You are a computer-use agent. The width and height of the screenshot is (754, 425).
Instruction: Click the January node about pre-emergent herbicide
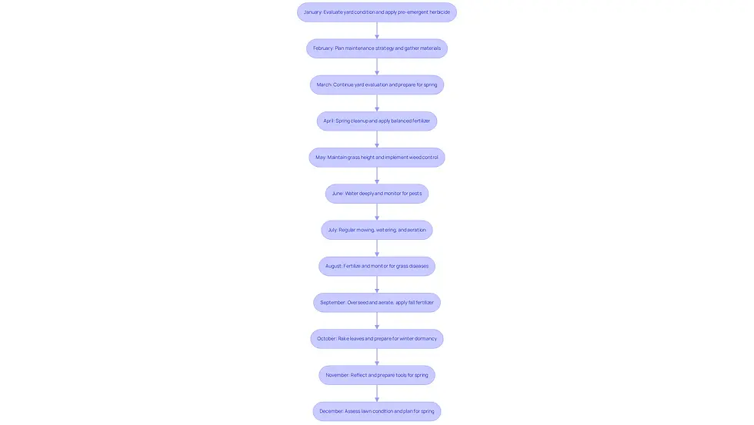click(376, 12)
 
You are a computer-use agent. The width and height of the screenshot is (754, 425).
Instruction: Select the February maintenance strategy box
click(376, 48)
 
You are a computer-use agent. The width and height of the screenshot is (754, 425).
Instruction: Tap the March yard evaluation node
click(376, 85)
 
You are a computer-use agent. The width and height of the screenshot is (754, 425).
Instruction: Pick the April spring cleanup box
click(376, 121)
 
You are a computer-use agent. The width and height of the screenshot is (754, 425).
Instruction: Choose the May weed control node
click(376, 157)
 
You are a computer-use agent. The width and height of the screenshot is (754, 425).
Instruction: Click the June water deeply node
click(376, 194)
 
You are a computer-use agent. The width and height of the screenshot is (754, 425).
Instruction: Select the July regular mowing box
click(376, 230)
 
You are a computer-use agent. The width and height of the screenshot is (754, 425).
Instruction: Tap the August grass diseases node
click(376, 266)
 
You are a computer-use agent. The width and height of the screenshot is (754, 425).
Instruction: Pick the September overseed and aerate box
click(376, 303)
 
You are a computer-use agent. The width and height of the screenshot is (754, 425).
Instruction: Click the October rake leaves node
click(376, 339)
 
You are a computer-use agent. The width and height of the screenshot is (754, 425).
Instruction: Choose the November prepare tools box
click(376, 375)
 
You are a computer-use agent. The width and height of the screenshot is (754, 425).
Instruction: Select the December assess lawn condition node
click(376, 411)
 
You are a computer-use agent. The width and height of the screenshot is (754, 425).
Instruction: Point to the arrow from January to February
click(376, 30)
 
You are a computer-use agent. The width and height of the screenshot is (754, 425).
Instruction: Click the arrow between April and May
click(376, 139)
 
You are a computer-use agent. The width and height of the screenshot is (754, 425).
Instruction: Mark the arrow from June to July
click(376, 212)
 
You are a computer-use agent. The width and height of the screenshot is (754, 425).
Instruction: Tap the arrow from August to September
click(376, 284)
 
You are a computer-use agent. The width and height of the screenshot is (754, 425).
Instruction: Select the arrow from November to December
click(376, 393)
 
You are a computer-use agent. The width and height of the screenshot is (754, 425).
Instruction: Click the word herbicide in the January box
click(439, 12)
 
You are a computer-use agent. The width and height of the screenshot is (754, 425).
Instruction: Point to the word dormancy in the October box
click(425, 339)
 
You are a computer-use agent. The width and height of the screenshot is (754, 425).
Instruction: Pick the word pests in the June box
click(415, 194)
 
